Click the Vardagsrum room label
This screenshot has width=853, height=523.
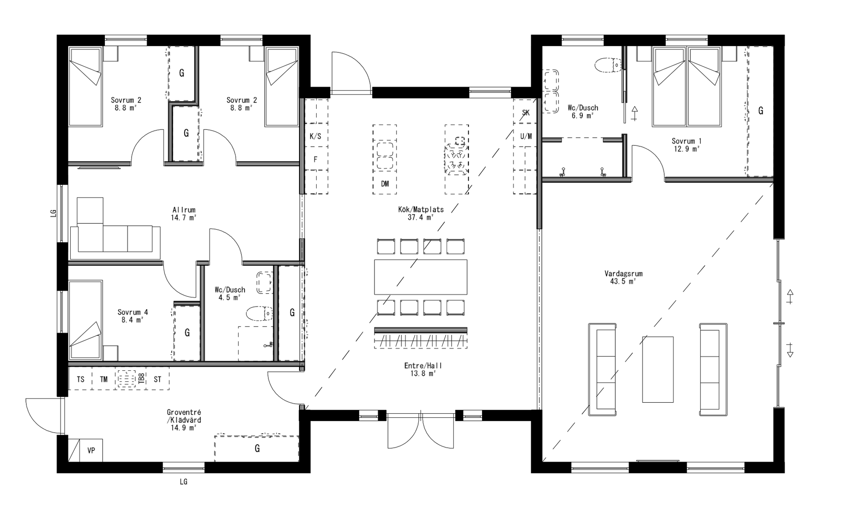coord(623,274)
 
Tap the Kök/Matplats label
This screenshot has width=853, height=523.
coord(421,210)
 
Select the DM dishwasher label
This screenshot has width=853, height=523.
coord(385,184)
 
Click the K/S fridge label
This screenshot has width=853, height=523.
coord(315,137)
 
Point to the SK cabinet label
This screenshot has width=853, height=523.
coord(526,113)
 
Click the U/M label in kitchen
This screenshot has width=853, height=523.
coord(526,136)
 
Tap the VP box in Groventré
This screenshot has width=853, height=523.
coord(91,450)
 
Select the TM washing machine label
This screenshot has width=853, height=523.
coord(104,379)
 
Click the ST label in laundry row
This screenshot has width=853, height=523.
coord(157,379)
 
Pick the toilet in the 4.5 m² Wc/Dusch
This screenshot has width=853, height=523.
coord(259,313)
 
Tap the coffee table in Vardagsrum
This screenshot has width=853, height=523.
coord(658,369)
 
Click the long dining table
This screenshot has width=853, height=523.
coord(421,277)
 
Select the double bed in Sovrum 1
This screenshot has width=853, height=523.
coord(687,87)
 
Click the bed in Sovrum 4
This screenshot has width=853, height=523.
coord(85,320)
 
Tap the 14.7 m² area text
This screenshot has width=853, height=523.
coord(184,218)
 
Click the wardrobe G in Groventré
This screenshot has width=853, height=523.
coord(257,449)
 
